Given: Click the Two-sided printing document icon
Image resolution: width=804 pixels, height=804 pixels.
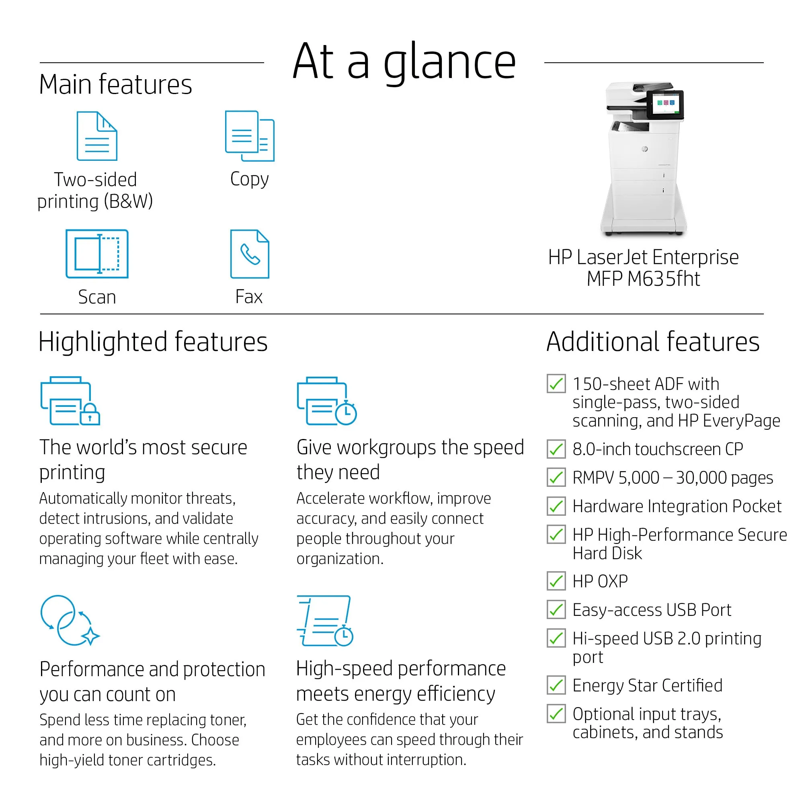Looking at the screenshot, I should pyautogui.click(x=97, y=136).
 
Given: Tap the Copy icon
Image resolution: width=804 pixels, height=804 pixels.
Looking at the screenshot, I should pyautogui.click(x=249, y=136).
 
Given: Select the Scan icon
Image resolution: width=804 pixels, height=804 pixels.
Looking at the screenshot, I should pyautogui.click(x=97, y=253).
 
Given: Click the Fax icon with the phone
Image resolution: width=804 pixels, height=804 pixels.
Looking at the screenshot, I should pyautogui.click(x=250, y=254).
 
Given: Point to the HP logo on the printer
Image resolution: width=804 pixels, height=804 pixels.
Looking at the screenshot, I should pyautogui.click(x=645, y=149).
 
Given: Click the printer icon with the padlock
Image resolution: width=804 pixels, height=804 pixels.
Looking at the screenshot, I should pyautogui.click(x=70, y=401).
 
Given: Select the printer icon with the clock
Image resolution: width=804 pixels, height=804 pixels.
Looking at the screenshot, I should pyautogui.click(x=327, y=401).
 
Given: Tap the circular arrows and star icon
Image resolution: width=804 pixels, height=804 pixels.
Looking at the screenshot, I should pyautogui.click(x=70, y=620).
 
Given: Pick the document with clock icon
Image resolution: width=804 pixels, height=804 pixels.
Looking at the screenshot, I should pyautogui.click(x=325, y=620).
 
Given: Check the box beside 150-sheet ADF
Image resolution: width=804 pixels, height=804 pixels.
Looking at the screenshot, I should pyautogui.click(x=556, y=383).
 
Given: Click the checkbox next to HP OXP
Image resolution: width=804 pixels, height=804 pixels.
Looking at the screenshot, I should pyautogui.click(x=556, y=581).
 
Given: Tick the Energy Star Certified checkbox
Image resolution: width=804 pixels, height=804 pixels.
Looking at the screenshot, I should pyautogui.click(x=556, y=685).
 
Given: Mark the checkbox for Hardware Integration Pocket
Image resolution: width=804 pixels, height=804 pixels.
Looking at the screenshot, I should pyautogui.click(x=556, y=506).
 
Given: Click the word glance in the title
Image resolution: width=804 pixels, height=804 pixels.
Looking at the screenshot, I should pyautogui.click(x=449, y=62).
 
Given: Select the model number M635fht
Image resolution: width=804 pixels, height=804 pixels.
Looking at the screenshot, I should pyautogui.click(x=664, y=279).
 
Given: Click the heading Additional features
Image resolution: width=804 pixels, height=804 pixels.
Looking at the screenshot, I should pyautogui.click(x=652, y=342).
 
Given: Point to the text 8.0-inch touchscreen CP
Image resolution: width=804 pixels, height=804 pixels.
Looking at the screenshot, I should pyautogui.click(x=658, y=449).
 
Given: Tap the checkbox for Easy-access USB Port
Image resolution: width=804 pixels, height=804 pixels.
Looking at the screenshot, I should pyautogui.click(x=556, y=610).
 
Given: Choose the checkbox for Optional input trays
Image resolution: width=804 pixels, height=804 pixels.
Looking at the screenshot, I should pyautogui.click(x=556, y=714).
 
